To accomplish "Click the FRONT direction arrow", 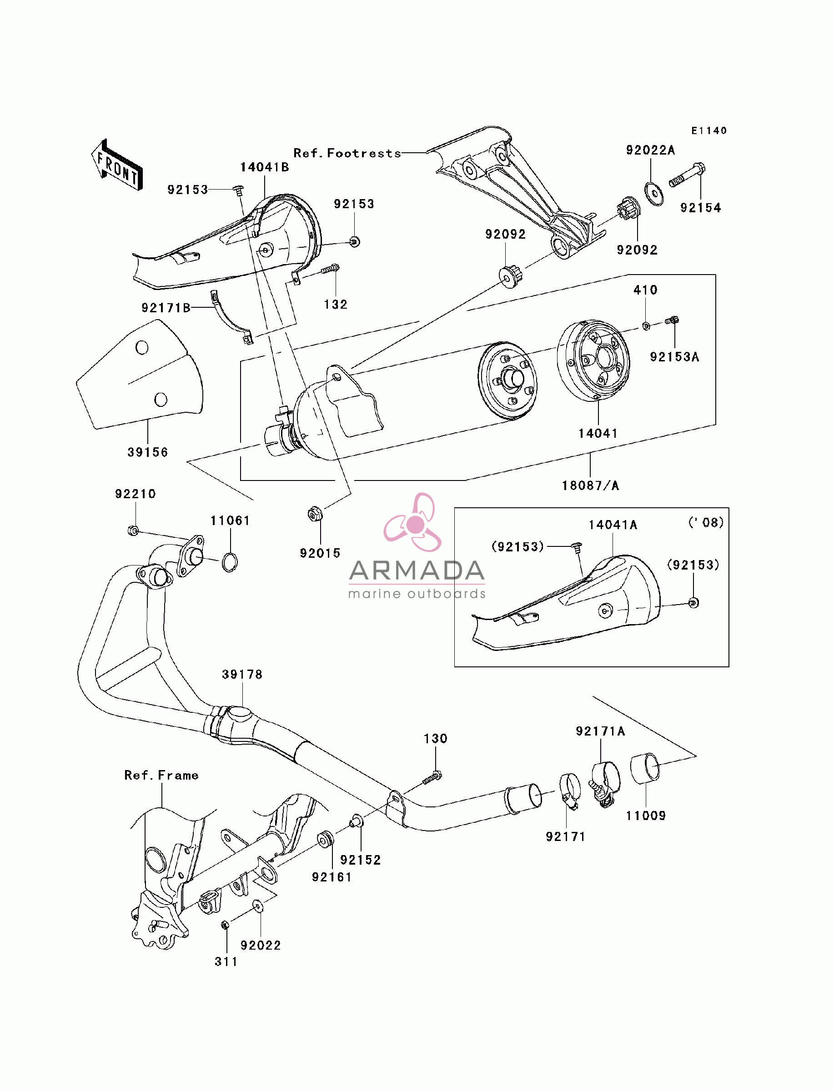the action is point(117,165).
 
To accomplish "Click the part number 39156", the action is point(148,452).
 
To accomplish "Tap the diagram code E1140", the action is point(709,130).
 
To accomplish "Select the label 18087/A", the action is point(590,485).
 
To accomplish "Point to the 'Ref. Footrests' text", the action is point(347,153).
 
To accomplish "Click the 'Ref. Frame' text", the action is point(161,775).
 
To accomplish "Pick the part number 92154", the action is point(700,208).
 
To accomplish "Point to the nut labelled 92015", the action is point(314,514).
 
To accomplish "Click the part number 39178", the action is point(242,674).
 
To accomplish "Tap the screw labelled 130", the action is point(432,777).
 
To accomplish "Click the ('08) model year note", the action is point(706,522).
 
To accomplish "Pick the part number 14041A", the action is point(613,525).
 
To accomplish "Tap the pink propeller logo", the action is point(413,522).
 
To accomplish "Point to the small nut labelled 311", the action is point(224,925).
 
